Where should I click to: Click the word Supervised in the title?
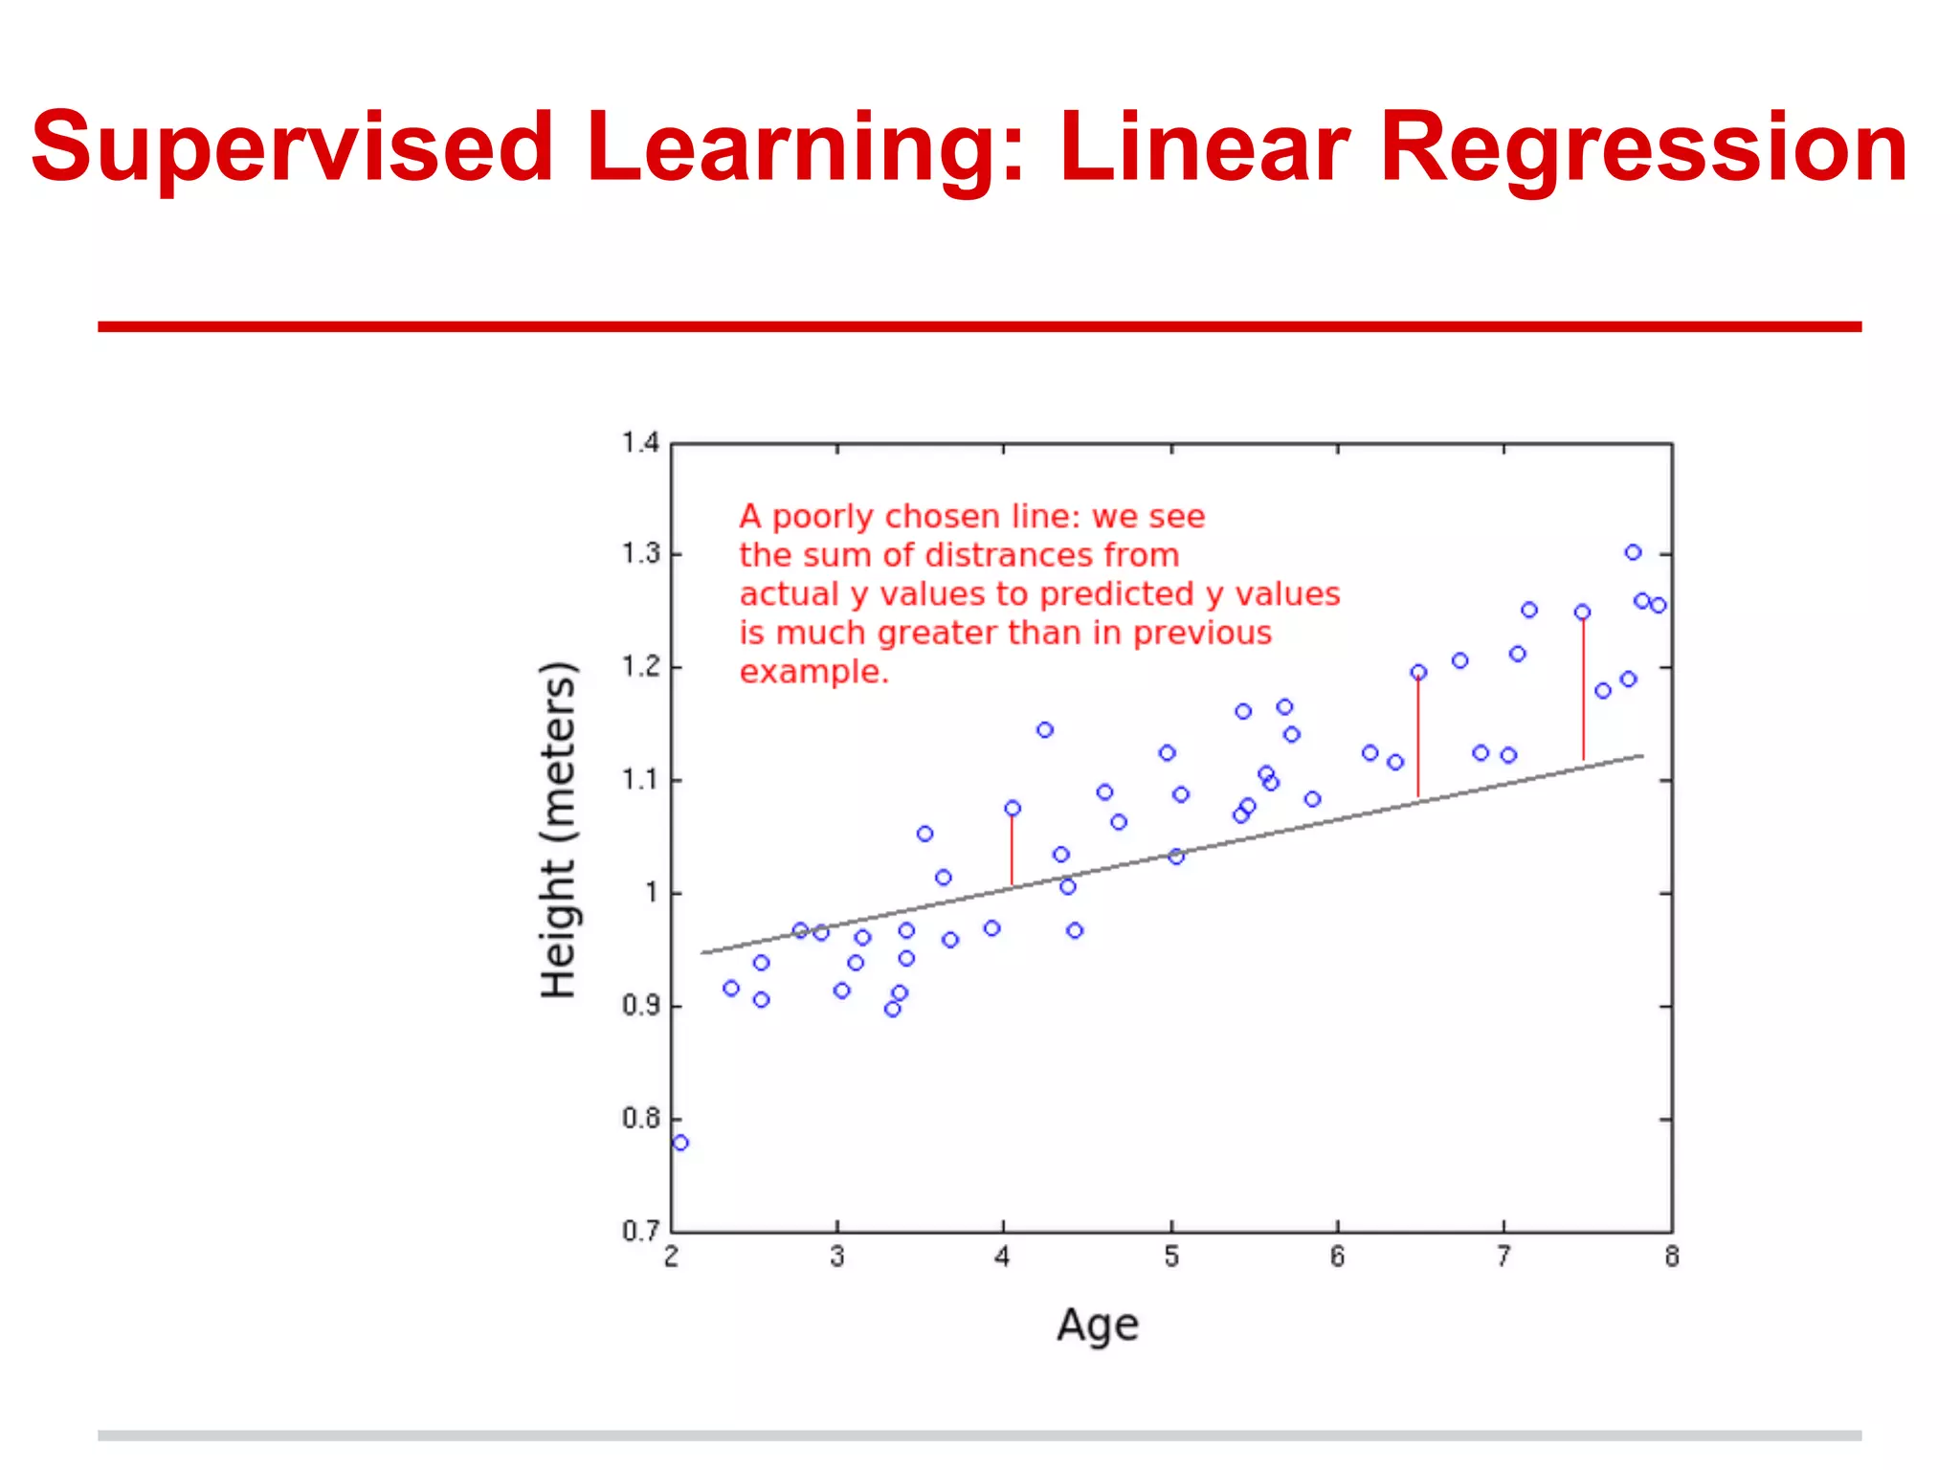click(x=292, y=148)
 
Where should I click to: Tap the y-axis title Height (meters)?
click(x=559, y=831)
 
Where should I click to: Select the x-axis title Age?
click(x=1098, y=1326)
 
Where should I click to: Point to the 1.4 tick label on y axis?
click(x=640, y=443)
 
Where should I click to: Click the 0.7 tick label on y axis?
click(x=640, y=1231)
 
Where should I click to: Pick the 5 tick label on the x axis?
click(x=1171, y=1258)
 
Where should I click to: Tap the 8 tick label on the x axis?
click(x=1672, y=1258)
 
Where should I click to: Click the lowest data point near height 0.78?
click(x=680, y=1143)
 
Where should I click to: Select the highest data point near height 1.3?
click(x=1633, y=552)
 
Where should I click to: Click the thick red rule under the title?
click(x=979, y=326)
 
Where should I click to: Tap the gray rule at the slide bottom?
click(x=979, y=1436)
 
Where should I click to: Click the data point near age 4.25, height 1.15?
click(x=1045, y=730)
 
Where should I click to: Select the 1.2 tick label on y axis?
click(x=640, y=667)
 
